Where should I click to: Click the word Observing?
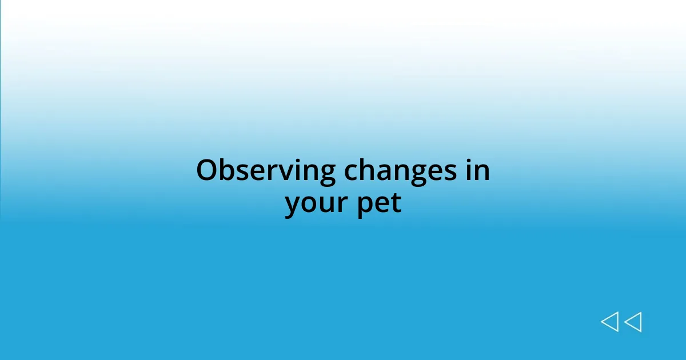click(265, 171)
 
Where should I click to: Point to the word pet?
click(380, 204)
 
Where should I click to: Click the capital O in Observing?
click(207, 170)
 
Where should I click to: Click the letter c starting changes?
click(350, 172)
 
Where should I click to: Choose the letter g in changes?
click(419, 174)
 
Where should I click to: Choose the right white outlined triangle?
click(634, 322)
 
